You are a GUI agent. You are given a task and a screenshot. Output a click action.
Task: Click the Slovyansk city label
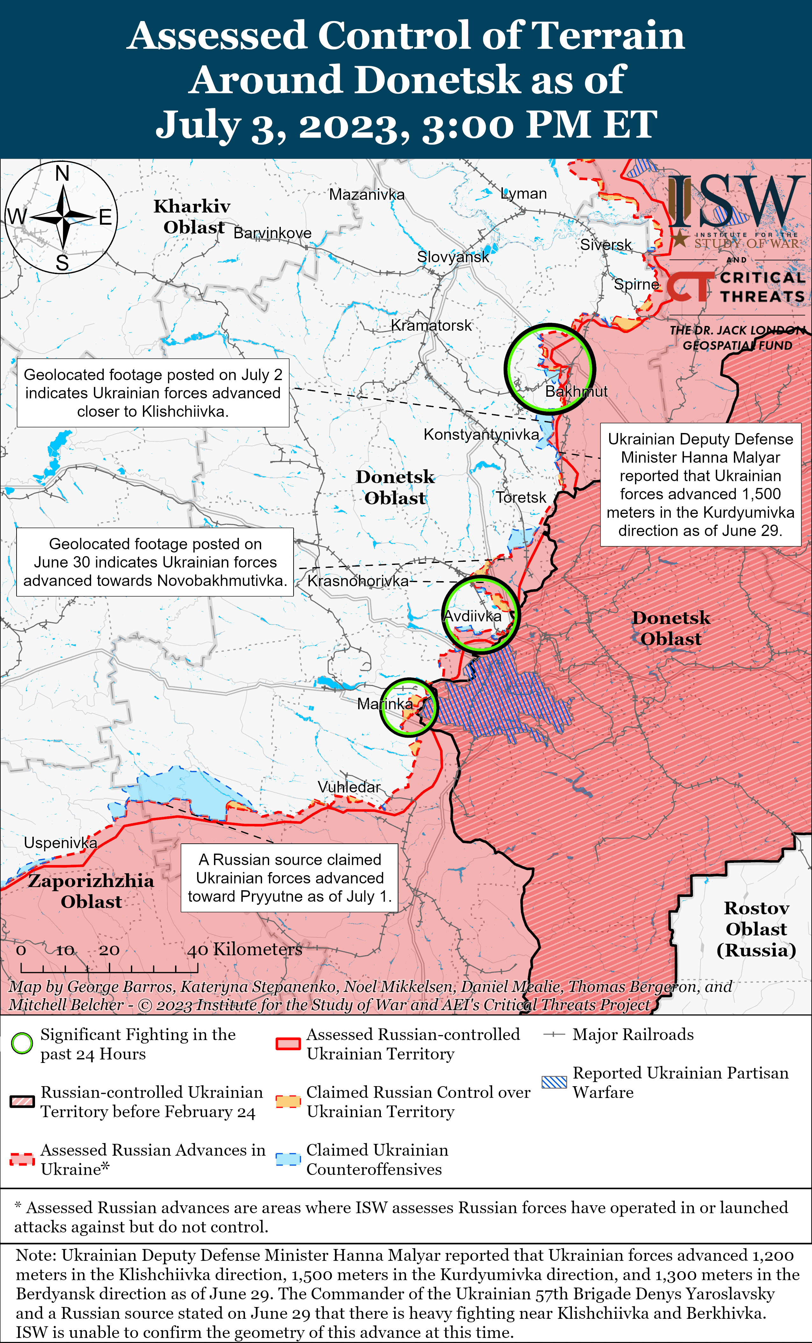452,257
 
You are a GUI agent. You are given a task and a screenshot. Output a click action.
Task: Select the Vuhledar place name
349,787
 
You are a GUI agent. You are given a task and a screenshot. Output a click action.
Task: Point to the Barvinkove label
272,233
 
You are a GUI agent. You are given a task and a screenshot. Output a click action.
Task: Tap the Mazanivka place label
367,195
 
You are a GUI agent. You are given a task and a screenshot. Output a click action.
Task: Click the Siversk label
606,245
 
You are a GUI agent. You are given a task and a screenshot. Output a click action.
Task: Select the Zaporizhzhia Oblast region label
91,891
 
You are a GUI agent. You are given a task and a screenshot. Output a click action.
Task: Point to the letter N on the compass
63,173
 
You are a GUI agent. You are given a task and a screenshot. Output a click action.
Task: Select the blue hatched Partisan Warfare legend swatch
554,1082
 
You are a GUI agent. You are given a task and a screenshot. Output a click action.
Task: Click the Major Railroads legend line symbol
554,1035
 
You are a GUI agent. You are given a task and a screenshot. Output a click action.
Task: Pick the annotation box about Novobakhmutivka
155,562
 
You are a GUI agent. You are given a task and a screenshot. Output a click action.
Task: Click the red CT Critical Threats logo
689,287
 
